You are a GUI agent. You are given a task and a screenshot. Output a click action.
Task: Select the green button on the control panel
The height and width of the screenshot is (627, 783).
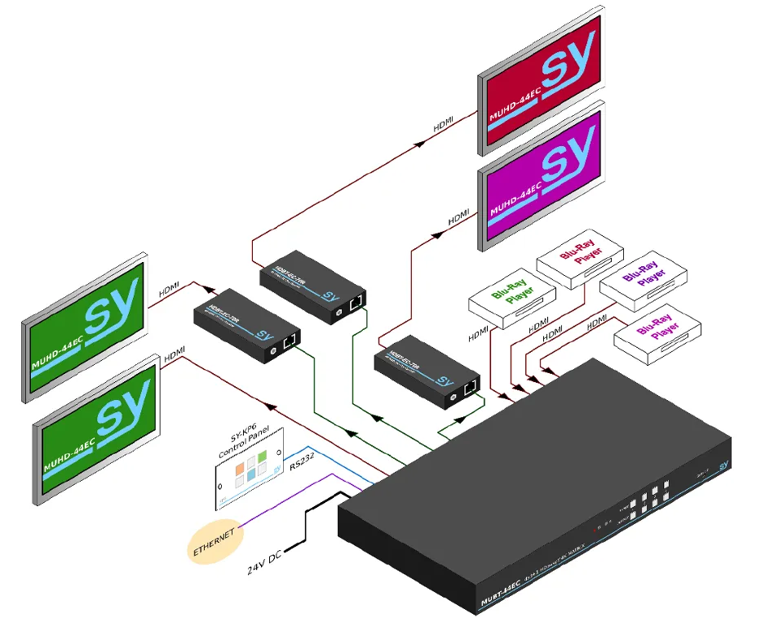(x=251, y=482)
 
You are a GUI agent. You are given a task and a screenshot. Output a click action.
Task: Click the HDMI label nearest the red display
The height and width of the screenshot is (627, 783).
(x=444, y=126)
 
